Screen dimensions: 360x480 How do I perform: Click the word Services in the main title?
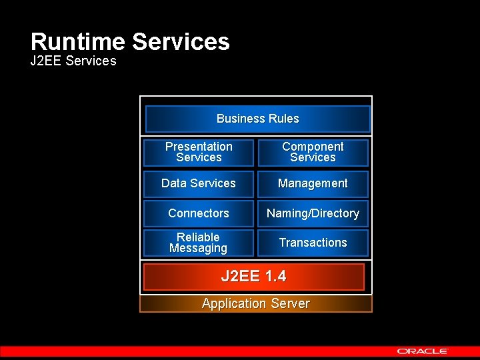point(181,42)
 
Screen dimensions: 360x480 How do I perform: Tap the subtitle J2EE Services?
point(73,61)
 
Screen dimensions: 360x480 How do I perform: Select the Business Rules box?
point(257,119)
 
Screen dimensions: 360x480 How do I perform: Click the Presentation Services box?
point(199,152)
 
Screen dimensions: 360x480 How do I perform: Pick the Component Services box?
point(313,152)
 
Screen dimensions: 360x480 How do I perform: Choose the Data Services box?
point(199,183)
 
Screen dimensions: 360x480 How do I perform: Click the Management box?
point(313,183)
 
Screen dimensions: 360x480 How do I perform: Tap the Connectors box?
point(199,213)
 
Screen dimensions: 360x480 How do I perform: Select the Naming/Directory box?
point(313,213)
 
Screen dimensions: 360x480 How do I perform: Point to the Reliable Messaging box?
point(199,243)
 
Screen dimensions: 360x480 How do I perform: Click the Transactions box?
point(313,243)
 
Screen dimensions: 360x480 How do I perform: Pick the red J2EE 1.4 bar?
point(254,277)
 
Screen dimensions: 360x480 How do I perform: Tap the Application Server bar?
point(255,304)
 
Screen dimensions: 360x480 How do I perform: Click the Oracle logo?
point(423,351)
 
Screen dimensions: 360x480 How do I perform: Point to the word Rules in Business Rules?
point(284,119)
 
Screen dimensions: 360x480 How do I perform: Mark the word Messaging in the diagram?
point(198,249)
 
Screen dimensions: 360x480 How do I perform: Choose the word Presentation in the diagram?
point(199,147)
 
